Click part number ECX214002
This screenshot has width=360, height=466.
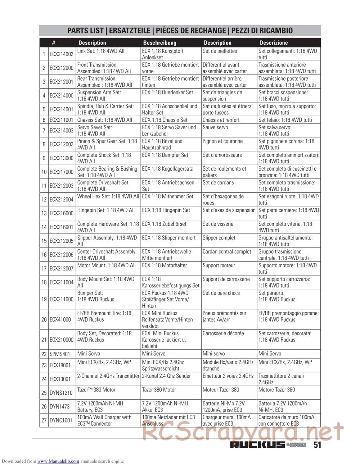coord(62,54)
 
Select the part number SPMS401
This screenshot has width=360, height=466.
coord(60,354)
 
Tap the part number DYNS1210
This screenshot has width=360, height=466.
coord(61,393)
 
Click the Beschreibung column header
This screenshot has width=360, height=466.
coord(159,42)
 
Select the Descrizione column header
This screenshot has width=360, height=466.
coord(274,42)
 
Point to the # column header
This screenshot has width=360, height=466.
coord(54,42)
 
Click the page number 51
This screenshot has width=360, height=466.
coord(317,445)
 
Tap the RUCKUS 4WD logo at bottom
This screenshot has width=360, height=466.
coord(268,445)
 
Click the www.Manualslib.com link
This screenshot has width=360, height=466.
coord(58,461)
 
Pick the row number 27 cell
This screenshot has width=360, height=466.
coord(44,420)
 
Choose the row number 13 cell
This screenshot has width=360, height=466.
coord(44,213)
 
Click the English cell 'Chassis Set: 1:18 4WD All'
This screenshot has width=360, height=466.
coord(105,120)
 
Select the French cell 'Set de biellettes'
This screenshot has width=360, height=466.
coord(220,51)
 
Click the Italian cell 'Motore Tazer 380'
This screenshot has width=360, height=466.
coord(276,390)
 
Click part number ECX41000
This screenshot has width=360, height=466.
coord(60,319)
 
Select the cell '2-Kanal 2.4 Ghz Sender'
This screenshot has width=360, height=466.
coord(168,376)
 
